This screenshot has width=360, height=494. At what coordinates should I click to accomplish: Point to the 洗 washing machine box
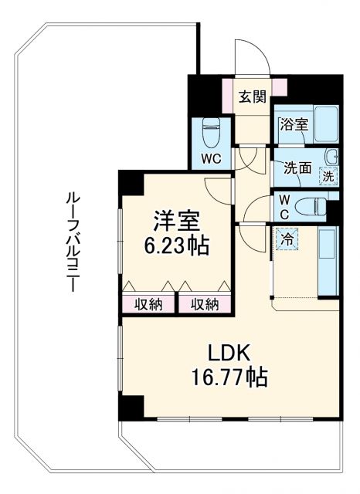pyautogui.click(x=329, y=175)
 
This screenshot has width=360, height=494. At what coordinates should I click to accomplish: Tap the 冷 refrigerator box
pyautogui.click(x=287, y=239)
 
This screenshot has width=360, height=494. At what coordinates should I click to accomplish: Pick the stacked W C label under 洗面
pyautogui.click(x=284, y=206)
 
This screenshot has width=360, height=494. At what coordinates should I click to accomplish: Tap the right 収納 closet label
pyautogui.click(x=205, y=303)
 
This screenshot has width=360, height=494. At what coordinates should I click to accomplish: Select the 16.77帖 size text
pyautogui.click(x=228, y=378)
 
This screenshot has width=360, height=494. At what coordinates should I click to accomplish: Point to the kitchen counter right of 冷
pyautogui.click(x=328, y=262)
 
